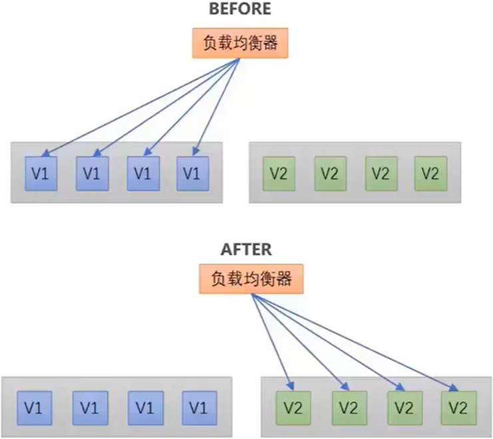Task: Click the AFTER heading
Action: click(246, 250)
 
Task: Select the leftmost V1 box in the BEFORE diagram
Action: click(40, 174)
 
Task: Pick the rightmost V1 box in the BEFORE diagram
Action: click(192, 174)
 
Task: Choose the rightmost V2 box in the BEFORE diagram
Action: click(430, 174)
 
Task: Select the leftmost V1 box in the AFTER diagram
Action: click(33, 406)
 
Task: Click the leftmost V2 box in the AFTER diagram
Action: click(290, 406)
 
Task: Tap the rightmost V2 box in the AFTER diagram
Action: click(457, 406)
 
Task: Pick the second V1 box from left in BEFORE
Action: click(91, 174)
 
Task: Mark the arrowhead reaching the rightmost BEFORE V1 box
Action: click(197, 154)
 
